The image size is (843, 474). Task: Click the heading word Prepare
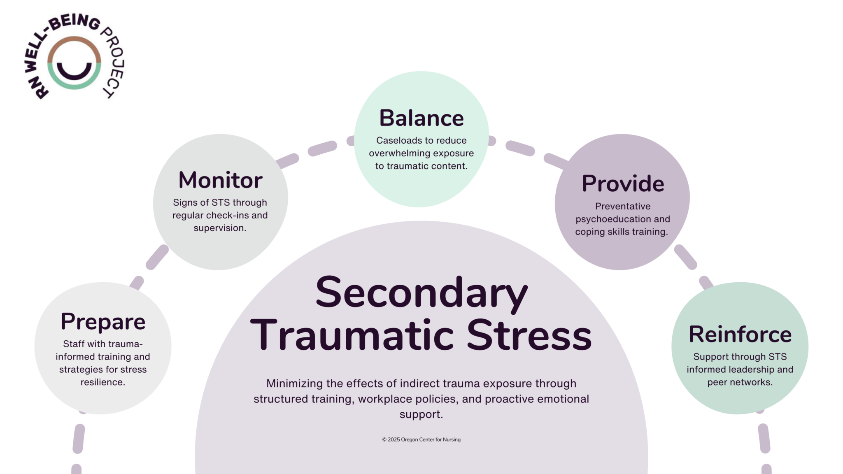103,322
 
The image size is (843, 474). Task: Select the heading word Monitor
220,180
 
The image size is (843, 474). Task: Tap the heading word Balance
421,118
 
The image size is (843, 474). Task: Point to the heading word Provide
622,184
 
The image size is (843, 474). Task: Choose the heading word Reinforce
740,334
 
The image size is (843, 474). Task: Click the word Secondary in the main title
421,293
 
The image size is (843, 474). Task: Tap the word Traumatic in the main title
352,335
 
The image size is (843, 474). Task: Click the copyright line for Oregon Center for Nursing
421,439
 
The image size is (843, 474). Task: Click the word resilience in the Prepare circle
102,382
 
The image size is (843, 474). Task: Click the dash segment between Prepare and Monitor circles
157,258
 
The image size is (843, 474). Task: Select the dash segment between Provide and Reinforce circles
685,258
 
